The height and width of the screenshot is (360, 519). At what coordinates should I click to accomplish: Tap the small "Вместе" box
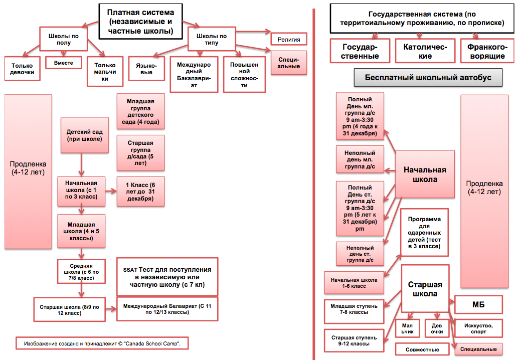point(64,63)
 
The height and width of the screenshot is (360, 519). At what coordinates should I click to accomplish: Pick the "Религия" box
point(288,39)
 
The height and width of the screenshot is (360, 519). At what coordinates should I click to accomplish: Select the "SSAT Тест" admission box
point(167,277)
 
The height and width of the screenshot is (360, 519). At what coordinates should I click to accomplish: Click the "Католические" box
point(425,51)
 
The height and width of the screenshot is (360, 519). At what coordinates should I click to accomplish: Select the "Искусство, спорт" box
point(479,328)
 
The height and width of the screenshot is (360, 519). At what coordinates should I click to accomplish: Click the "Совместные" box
point(423,349)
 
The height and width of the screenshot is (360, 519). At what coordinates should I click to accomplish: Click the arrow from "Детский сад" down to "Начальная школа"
point(81,164)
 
